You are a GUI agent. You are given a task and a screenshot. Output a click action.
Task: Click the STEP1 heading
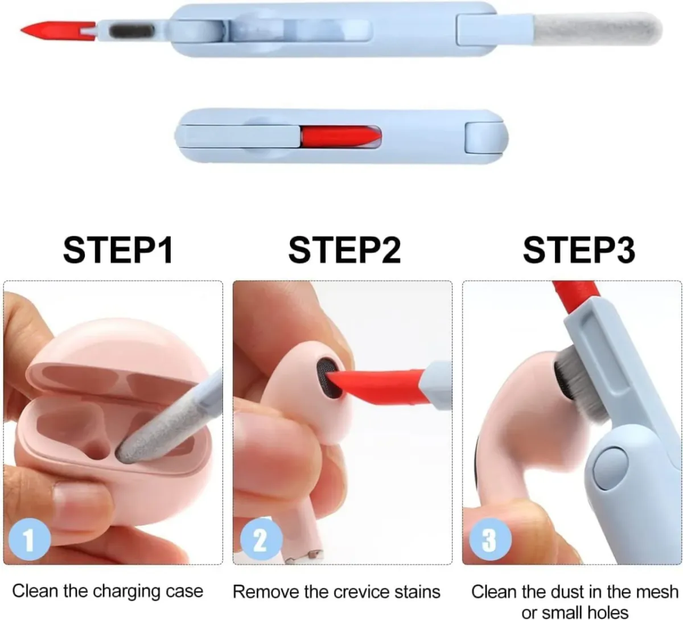pyautogui.click(x=117, y=250)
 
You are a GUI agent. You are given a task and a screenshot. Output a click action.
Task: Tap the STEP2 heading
pyautogui.click(x=344, y=250)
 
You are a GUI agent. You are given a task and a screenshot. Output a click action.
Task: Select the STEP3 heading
pyautogui.click(x=578, y=250)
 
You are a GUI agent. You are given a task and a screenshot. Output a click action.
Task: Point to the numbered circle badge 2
pyautogui.click(x=260, y=538)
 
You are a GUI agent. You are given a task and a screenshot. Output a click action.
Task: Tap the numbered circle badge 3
pyautogui.click(x=489, y=538)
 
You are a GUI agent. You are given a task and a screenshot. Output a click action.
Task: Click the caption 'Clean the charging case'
pyautogui.click(x=108, y=591)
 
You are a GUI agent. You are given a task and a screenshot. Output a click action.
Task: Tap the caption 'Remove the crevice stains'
pyautogui.click(x=336, y=592)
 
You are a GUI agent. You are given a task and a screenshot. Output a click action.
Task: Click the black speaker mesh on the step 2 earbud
pyautogui.click(x=327, y=376)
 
